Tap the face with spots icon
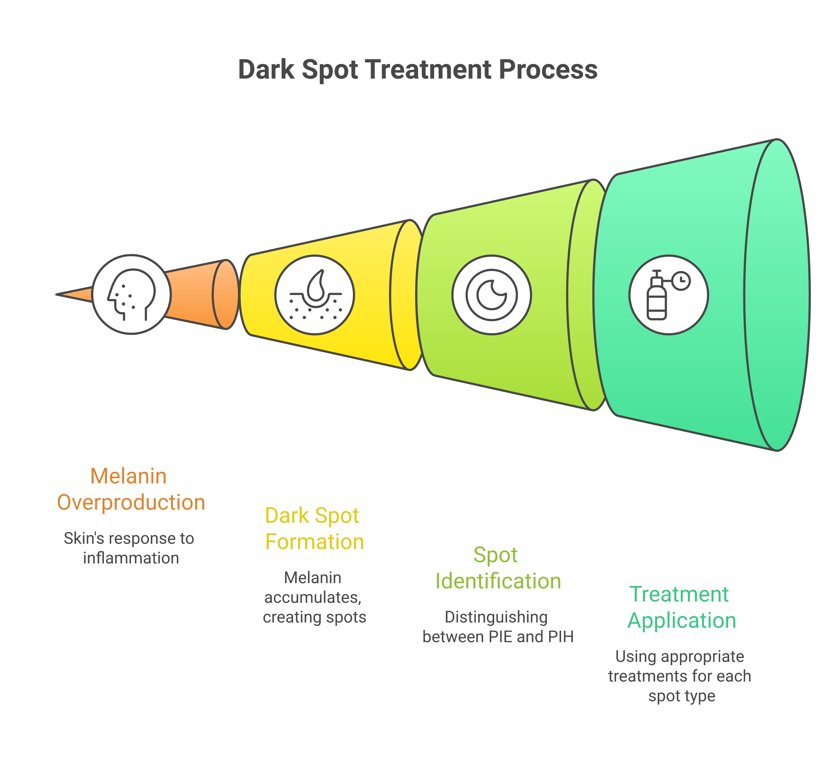click(x=132, y=295)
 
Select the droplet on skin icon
click(x=314, y=295)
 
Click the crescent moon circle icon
click(x=491, y=295)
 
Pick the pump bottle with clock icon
click(x=669, y=295)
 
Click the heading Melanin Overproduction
click(x=131, y=489)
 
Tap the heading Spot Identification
click(x=498, y=568)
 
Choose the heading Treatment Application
click(x=681, y=607)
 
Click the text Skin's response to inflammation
click(x=129, y=548)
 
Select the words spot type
click(x=681, y=696)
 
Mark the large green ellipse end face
click(x=777, y=295)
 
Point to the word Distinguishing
click(x=496, y=617)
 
